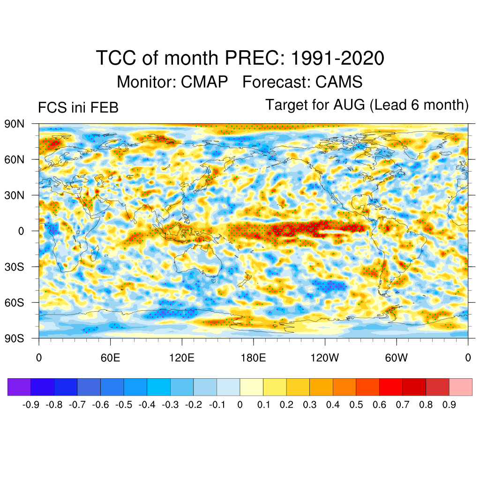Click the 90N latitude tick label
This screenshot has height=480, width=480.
14,124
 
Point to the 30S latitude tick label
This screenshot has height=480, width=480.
14,267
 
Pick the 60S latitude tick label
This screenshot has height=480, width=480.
14,302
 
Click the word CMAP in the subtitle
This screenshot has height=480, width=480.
204,82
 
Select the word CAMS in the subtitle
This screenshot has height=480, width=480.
338,82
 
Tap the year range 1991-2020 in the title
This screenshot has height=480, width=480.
337,59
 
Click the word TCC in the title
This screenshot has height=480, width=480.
115,59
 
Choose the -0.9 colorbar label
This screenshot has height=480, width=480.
31,405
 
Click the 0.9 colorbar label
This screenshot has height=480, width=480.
449,405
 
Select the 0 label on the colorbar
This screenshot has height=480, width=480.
240,405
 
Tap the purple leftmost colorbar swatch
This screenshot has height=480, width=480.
19,387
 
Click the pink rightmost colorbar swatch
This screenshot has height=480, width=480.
460,387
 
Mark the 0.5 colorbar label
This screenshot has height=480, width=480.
356,405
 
